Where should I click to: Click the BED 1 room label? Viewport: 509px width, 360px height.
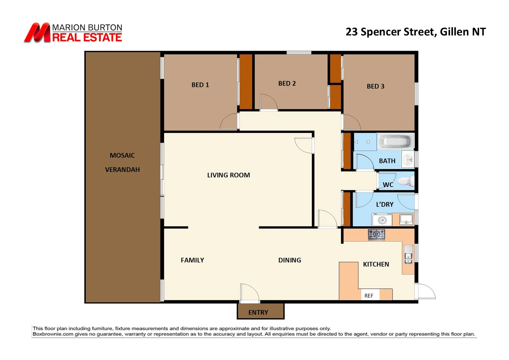200,85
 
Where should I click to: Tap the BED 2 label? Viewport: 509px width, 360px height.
287,84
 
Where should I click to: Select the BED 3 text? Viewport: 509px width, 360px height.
375,86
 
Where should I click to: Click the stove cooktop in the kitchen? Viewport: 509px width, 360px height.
376,234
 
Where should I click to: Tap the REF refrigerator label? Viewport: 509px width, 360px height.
369,296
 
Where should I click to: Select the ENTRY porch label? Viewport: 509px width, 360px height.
258,312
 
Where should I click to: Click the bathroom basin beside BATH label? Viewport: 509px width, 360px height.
408,160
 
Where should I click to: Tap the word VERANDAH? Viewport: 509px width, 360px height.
122,170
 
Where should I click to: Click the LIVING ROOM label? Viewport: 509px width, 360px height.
229,175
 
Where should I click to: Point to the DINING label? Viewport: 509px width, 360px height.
289,260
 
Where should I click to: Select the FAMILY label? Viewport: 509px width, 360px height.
192,260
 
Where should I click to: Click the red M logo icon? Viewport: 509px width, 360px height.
37,33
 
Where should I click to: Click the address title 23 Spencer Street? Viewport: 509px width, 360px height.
390,32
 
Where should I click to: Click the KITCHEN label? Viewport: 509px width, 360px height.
376,264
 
